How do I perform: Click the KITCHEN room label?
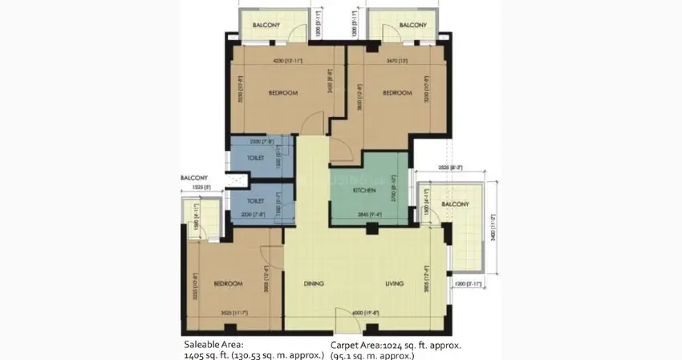point(365,190)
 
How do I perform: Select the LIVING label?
point(393,284)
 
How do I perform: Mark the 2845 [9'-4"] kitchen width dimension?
point(370,214)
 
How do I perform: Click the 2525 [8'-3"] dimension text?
point(451,168)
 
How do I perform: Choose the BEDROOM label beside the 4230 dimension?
point(283,93)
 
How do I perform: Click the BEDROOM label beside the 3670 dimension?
point(396,93)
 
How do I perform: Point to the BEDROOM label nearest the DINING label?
point(229,284)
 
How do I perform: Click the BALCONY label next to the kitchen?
point(455,204)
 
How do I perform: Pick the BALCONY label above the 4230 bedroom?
point(266,26)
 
